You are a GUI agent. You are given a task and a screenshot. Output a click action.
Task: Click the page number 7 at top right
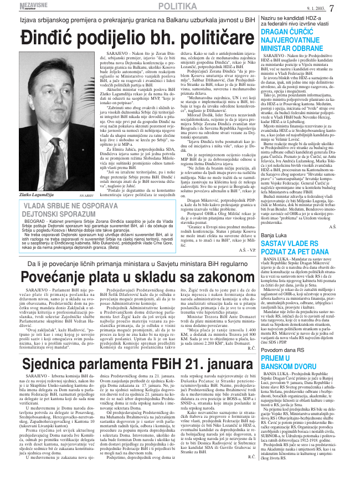coord(347,8)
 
